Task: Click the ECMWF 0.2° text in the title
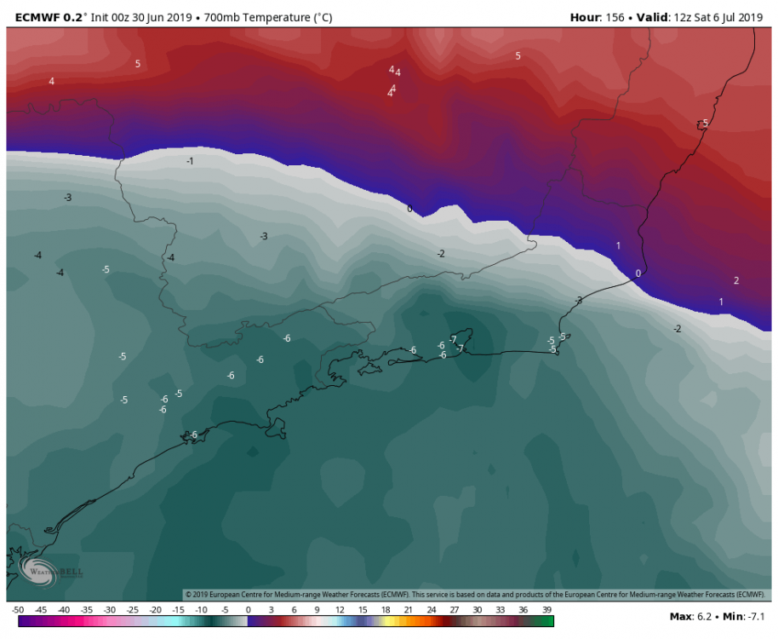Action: tap(46, 16)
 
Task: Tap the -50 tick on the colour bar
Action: tap(18, 610)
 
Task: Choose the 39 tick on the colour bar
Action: tap(547, 610)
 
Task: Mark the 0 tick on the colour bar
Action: tap(248, 610)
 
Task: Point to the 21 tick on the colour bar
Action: tap(409, 610)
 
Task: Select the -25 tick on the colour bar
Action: tap(133, 610)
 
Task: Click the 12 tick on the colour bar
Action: tap(340, 610)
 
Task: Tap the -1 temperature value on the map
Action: tap(190, 161)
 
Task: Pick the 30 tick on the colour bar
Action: tap(478, 610)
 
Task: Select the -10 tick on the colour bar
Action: tap(202, 610)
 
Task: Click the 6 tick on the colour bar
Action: tap(294, 610)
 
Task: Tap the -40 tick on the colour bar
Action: tap(64, 610)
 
